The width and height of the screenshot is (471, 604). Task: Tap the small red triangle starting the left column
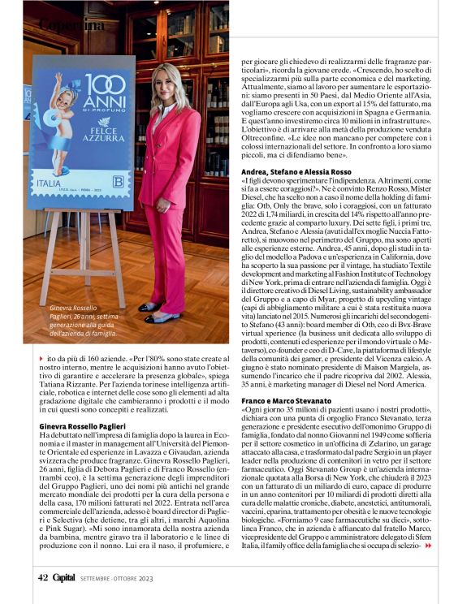point(41,357)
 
